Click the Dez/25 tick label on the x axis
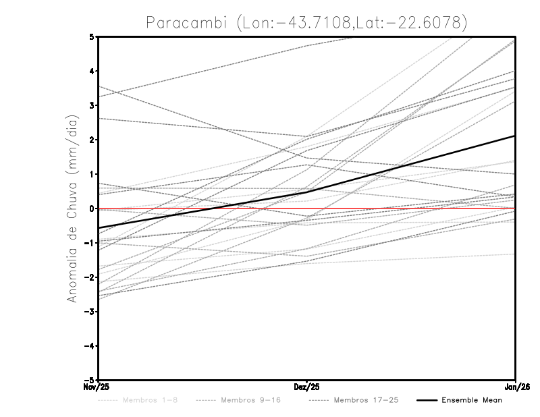coord(307,387)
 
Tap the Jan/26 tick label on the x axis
coord(516,387)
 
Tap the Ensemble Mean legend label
coord(472,400)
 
